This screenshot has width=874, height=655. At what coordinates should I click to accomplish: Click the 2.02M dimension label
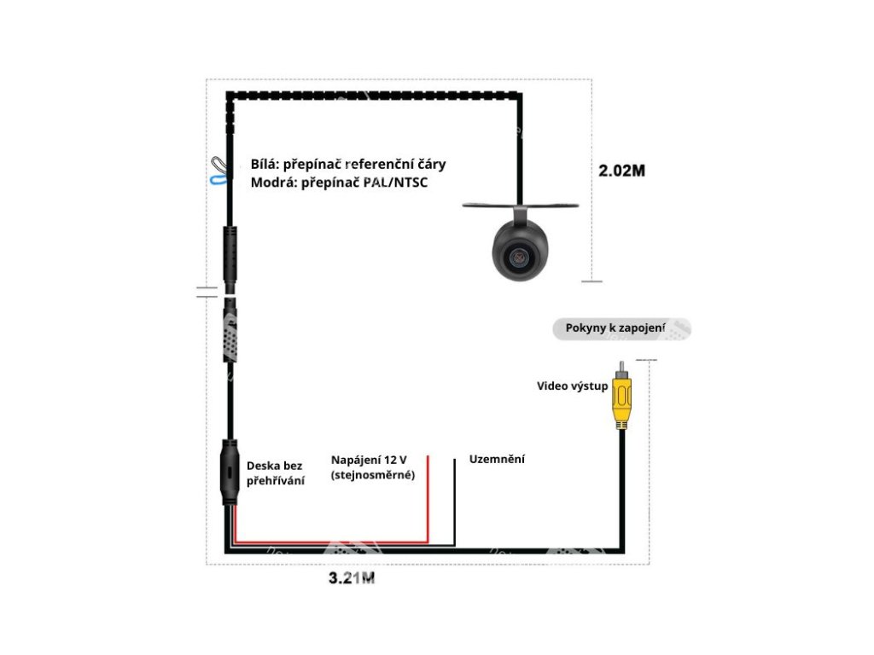tap(621, 170)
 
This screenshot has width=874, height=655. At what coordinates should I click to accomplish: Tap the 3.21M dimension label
tap(352, 578)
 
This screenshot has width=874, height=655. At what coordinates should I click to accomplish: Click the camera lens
tap(517, 257)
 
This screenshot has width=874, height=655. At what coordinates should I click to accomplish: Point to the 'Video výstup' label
tap(572, 386)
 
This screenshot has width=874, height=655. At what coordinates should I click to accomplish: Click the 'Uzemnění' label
tap(497, 460)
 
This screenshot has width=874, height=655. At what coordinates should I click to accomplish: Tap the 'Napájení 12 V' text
tap(369, 460)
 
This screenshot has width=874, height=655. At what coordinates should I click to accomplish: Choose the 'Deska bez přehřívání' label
tap(275, 473)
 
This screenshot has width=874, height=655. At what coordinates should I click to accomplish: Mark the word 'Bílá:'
tap(265, 164)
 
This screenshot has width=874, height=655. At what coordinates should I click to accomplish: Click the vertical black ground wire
tap(454, 503)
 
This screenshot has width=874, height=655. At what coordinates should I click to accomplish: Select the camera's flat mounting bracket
tap(521, 205)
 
